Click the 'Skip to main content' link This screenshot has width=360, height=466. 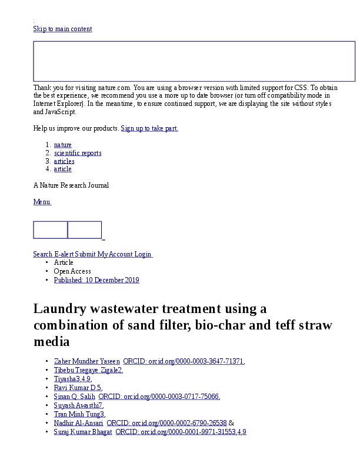(62, 29)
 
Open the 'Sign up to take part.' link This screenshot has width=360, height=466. (149, 128)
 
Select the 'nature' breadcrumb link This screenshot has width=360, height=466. (63, 145)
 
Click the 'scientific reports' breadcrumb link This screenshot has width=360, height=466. (78, 153)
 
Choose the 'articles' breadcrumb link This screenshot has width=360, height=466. (64, 161)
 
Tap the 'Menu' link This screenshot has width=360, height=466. (42, 202)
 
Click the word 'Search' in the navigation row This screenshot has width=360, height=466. (43, 254)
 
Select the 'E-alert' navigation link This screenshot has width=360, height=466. (64, 254)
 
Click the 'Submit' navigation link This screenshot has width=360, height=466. (85, 254)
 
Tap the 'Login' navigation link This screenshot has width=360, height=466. (143, 254)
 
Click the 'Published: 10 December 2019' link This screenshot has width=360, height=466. (96, 280)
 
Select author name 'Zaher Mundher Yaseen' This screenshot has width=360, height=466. (87, 361)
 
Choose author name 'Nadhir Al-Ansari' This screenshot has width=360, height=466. (78, 423)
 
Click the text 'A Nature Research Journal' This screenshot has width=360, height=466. (71, 185)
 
